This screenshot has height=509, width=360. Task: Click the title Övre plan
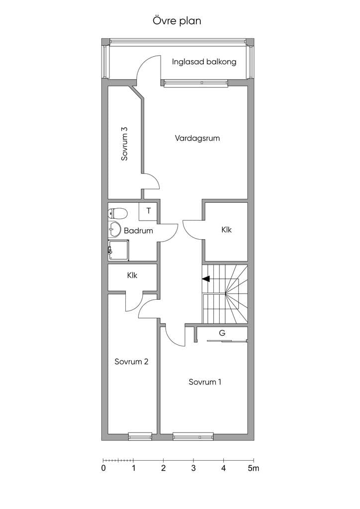click(x=177, y=21)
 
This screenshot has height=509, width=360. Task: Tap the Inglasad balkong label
click(x=204, y=62)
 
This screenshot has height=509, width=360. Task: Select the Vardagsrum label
click(x=197, y=138)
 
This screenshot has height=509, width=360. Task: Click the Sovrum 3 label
click(x=124, y=144)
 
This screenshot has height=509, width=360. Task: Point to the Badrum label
click(x=138, y=231)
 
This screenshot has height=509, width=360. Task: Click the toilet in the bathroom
click(x=117, y=213)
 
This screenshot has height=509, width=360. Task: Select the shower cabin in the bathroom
click(x=118, y=250)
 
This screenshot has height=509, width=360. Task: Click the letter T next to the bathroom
click(x=148, y=211)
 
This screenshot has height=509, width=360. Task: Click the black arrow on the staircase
click(x=206, y=278)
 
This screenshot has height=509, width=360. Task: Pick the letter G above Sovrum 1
click(x=222, y=333)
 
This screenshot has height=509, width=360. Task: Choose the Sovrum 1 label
click(x=205, y=382)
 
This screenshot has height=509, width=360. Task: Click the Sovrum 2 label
click(x=131, y=362)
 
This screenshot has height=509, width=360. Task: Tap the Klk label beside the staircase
click(x=227, y=230)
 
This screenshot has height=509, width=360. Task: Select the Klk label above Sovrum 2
click(x=132, y=275)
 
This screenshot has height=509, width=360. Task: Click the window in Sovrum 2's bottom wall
click(x=140, y=436)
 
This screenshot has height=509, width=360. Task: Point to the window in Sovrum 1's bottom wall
click(x=193, y=436)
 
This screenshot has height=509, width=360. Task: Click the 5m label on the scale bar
click(x=254, y=468)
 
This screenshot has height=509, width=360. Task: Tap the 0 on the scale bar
click(x=103, y=468)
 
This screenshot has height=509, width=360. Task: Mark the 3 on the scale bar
click(x=193, y=468)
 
